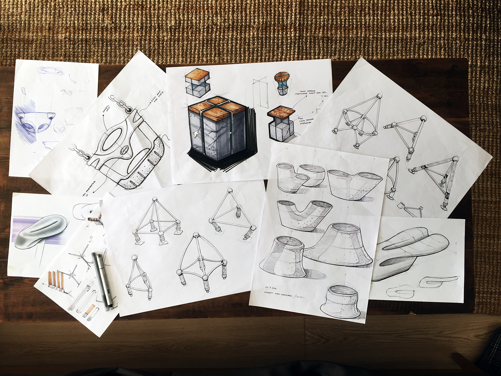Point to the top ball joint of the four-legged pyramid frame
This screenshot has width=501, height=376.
point(155,199)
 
